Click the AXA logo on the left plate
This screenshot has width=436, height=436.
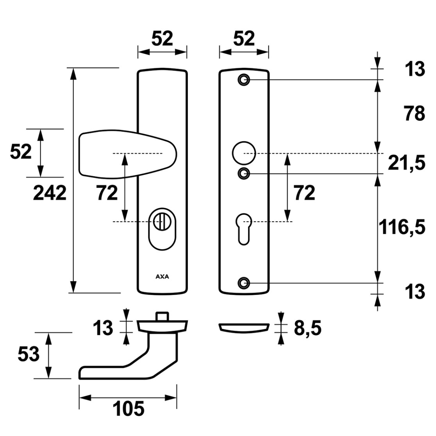click(x=162, y=277)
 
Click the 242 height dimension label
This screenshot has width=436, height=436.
click(x=50, y=193)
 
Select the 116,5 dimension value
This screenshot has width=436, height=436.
click(x=402, y=227)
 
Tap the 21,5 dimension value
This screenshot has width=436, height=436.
click(x=407, y=163)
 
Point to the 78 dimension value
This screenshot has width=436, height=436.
click(x=415, y=113)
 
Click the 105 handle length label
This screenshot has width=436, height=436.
click(x=129, y=409)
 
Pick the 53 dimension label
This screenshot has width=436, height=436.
click(x=29, y=354)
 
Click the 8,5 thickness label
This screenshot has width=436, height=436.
click(x=307, y=329)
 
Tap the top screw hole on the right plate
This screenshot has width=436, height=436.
click(x=244, y=80)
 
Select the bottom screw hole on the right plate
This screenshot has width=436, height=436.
click(x=244, y=283)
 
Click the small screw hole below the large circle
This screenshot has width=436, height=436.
click(x=244, y=174)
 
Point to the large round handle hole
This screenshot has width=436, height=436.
click(x=244, y=153)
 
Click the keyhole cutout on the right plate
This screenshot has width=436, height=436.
click(x=244, y=229)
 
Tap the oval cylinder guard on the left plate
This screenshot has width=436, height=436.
click(x=162, y=229)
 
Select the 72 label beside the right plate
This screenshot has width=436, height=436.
click(x=304, y=193)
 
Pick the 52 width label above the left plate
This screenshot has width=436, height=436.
click(x=162, y=39)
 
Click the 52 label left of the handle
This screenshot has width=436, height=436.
click(x=21, y=152)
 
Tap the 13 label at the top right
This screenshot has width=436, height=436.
click(x=415, y=69)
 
